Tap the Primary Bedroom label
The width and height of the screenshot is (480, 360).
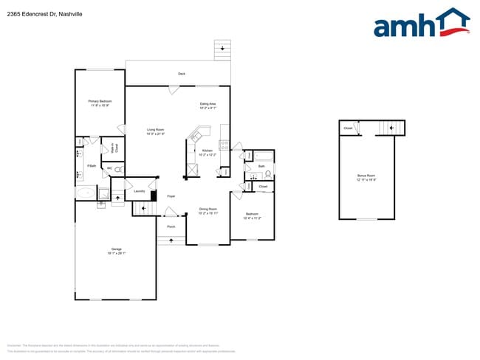coord(100,103)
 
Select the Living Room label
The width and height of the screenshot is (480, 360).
coord(154,131)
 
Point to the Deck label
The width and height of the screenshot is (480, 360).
coord(182,74)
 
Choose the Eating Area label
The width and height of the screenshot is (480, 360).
coord(208,105)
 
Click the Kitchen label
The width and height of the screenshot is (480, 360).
coord(207,152)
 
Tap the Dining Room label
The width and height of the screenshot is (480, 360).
coord(208,211)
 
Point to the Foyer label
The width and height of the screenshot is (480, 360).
coord(171,196)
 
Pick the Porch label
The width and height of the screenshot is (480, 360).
coord(171,226)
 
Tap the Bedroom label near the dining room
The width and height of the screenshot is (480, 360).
coord(252,215)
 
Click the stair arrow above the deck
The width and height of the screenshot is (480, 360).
coord(222,49)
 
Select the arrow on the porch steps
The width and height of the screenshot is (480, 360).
coord(171,240)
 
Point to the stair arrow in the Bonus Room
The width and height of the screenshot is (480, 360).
coord(392,128)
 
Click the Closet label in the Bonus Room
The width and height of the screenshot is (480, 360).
coord(347,128)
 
